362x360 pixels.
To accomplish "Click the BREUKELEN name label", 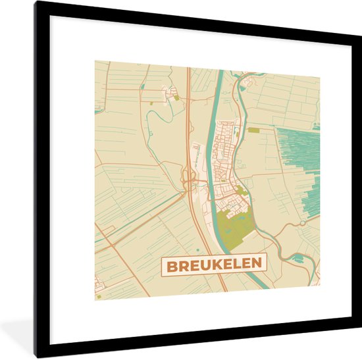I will click(x=214, y=265).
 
